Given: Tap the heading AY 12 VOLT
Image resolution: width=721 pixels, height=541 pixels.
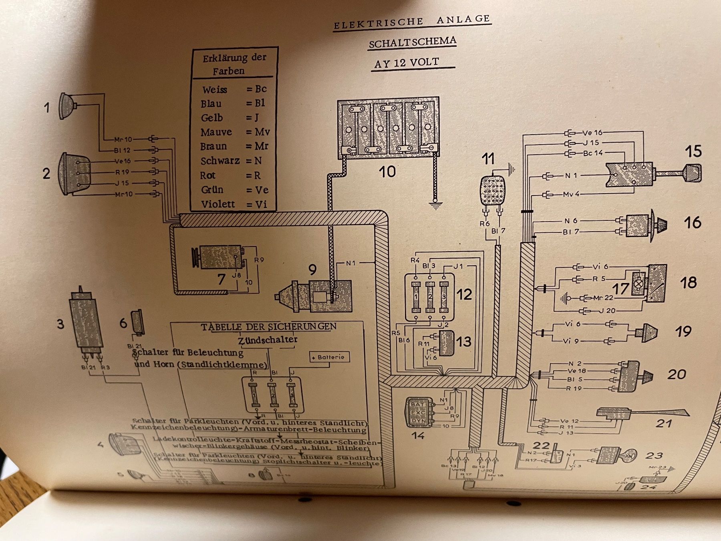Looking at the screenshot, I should pos(407,63).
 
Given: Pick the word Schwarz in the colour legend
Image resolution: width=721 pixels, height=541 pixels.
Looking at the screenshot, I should pos(220,161).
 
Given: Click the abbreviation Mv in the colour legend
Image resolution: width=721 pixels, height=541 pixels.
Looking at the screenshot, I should pos(262,132).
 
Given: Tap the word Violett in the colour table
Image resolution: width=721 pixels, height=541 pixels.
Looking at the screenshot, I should pos(218,204).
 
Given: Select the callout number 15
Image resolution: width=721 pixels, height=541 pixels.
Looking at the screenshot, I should pos(693,151).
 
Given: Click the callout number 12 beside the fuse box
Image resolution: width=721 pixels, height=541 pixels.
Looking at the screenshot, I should pos(464,295).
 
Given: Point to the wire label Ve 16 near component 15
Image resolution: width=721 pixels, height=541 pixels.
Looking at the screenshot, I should pos(592,133).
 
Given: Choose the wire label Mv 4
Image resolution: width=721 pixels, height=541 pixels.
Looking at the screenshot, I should pos(571,194).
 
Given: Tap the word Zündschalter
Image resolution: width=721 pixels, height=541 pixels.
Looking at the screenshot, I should pos(268,340).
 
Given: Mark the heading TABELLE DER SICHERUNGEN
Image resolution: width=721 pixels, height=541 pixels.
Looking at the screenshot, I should pos(268,327).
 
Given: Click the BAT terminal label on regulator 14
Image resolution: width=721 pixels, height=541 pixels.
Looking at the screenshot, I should pos(417,404).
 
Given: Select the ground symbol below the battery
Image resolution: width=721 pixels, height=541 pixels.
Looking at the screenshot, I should pos(434,205).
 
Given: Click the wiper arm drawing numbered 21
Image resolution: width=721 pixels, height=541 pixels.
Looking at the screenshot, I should pos(641,413).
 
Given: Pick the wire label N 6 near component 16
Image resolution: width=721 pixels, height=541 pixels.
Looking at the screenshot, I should pos(570,221).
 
